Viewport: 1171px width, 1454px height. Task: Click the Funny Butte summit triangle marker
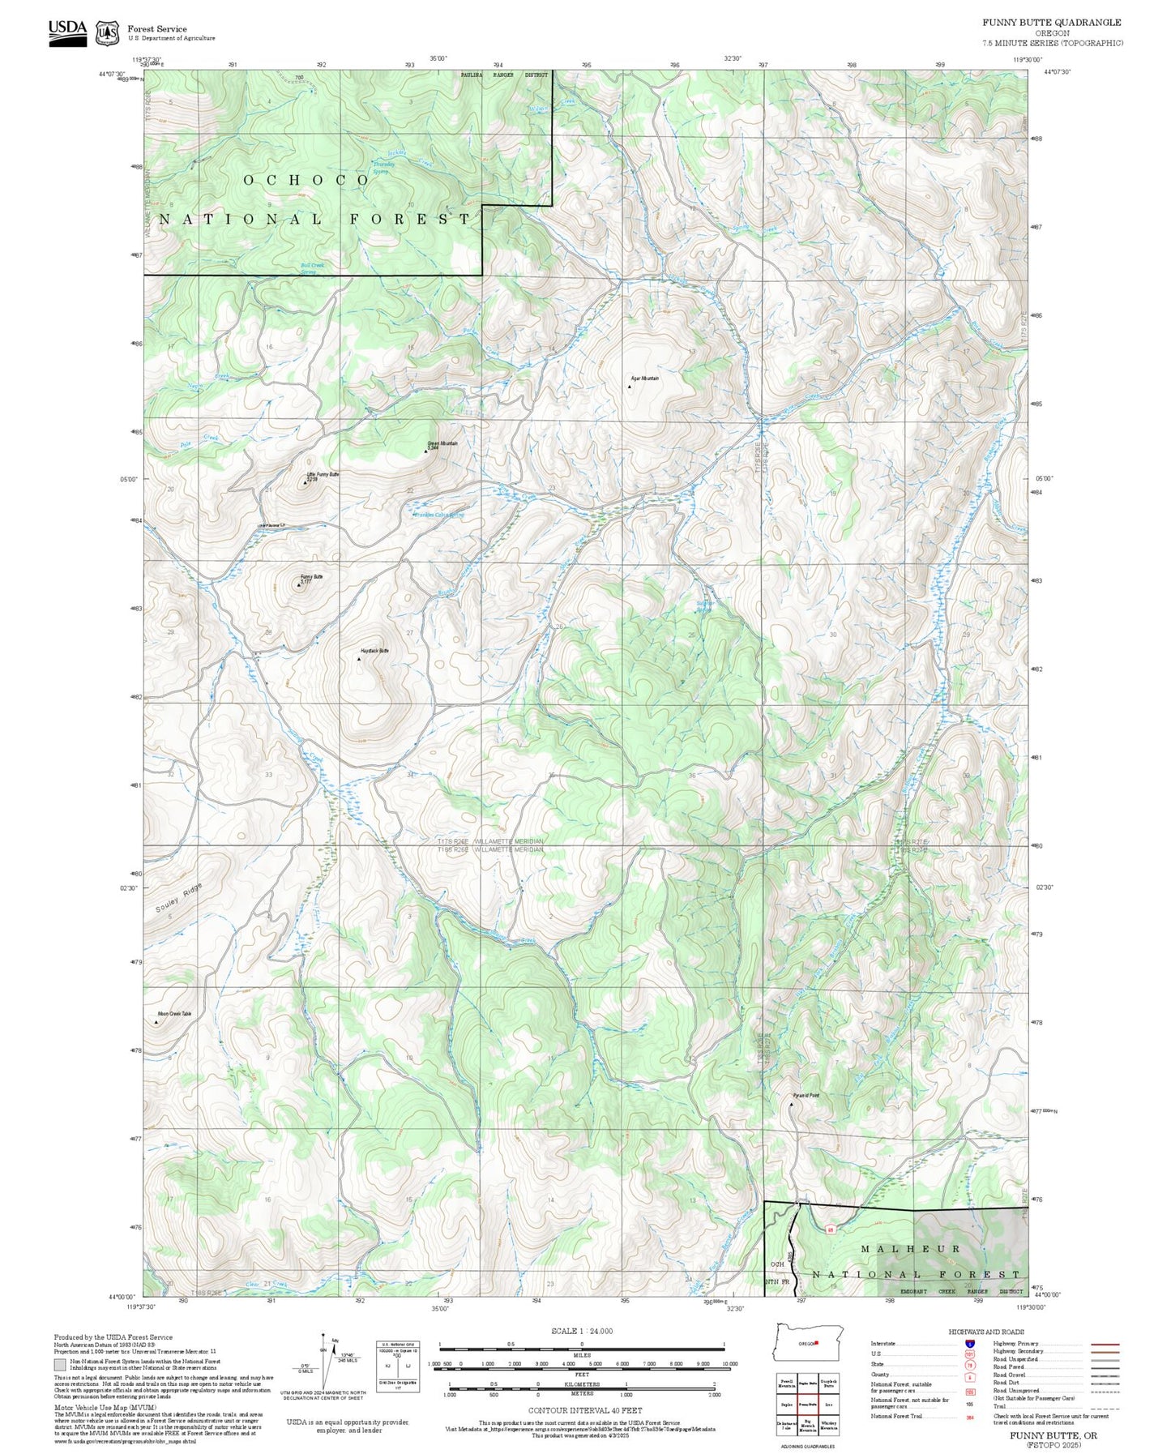(298, 584)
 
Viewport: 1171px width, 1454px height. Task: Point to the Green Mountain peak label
(442, 443)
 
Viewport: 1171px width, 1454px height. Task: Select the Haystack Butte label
(374, 651)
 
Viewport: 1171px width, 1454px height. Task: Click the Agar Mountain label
(645, 378)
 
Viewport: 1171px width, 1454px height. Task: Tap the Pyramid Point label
(806, 1096)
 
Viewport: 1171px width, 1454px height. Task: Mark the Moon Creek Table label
(174, 1014)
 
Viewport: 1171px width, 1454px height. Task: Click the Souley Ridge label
(179, 899)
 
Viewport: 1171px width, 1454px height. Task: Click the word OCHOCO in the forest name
(306, 180)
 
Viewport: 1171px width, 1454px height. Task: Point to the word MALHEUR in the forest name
(910, 1249)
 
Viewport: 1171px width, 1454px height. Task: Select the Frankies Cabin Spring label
(438, 515)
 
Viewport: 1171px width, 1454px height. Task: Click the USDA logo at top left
(67, 32)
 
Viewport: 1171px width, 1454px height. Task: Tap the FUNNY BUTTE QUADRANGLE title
(1052, 23)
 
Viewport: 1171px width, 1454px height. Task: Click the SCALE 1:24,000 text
(582, 1331)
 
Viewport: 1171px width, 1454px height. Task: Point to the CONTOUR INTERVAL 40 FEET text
(584, 1411)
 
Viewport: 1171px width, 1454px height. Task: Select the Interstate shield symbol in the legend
(969, 1344)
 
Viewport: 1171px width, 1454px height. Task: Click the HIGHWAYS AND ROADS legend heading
(985, 1332)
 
